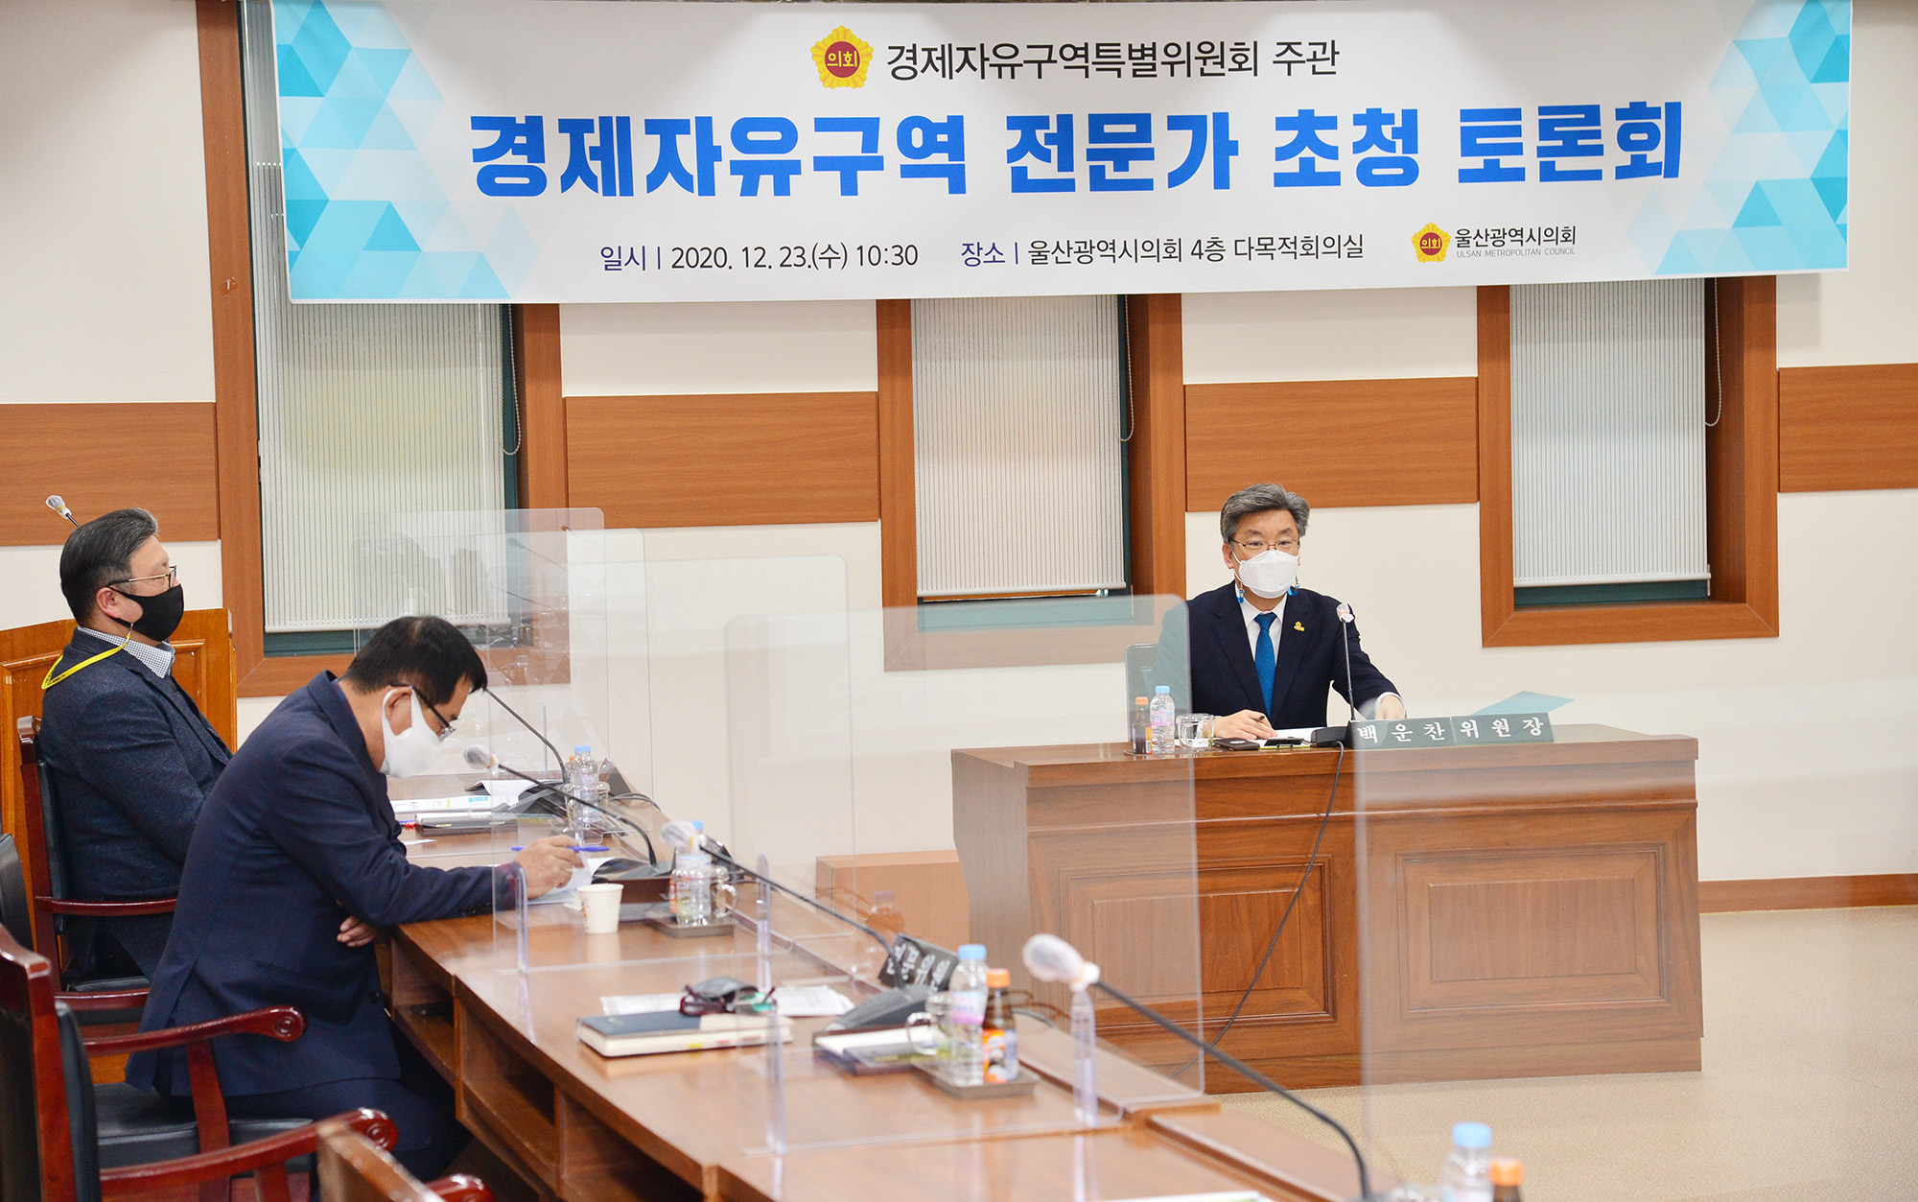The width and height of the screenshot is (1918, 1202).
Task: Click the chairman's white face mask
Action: click(1266, 573)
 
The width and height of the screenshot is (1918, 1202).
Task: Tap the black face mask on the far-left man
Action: click(156, 612)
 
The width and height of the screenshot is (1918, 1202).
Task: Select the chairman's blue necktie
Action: click(1265, 657)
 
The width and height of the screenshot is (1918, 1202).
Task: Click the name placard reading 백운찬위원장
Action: click(1450, 731)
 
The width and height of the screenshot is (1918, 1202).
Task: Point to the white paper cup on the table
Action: click(600, 907)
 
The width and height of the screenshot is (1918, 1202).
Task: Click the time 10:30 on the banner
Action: click(886, 256)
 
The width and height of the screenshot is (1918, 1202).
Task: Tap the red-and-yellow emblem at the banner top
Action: click(841, 59)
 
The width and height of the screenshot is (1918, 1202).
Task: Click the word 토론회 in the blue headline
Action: click(1569, 145)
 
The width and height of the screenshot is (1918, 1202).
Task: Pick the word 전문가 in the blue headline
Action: click(1121, 152)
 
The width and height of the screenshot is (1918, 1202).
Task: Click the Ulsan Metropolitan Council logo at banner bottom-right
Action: click(1493, 241)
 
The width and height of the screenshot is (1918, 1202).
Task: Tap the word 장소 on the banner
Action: click(982, 253)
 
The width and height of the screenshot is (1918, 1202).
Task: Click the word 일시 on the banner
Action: click(622, 257)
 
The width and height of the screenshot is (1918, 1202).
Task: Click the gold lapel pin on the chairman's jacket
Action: click(1298, 626)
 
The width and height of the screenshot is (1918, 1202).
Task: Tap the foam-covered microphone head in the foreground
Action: click(1055, 959)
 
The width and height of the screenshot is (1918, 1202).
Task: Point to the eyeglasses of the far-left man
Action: click(150, 578)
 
